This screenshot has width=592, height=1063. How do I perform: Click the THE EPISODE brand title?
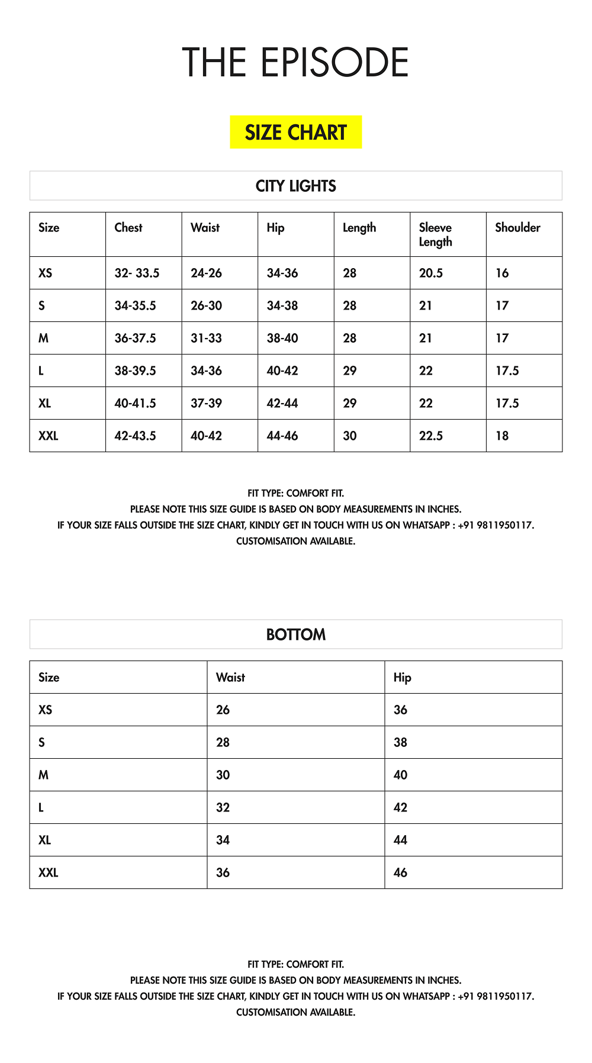295,63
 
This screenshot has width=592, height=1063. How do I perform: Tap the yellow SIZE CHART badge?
295,132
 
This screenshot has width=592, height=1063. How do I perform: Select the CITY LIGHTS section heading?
295,186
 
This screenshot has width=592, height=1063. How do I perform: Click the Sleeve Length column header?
435,234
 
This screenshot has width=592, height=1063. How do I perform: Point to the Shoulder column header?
517,227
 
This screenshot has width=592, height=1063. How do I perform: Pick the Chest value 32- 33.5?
137,273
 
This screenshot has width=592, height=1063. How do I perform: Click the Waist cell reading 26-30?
206,305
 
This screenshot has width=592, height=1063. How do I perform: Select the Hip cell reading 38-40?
282,338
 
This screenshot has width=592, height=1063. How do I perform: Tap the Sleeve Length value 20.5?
430,273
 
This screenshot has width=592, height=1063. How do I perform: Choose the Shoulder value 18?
502,436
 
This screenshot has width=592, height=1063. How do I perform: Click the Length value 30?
349,436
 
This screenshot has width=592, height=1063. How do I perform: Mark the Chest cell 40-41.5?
135,403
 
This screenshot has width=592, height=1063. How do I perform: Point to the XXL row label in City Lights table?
48,436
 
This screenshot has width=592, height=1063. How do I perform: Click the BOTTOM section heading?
295,634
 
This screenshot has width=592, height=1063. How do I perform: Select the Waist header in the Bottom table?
230,677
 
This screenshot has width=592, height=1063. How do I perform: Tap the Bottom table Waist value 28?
223,742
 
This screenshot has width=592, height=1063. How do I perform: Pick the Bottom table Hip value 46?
400,872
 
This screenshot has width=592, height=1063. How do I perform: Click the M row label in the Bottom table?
43,775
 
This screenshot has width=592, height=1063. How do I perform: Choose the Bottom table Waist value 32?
223,807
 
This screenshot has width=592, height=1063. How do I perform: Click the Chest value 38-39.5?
135,371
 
